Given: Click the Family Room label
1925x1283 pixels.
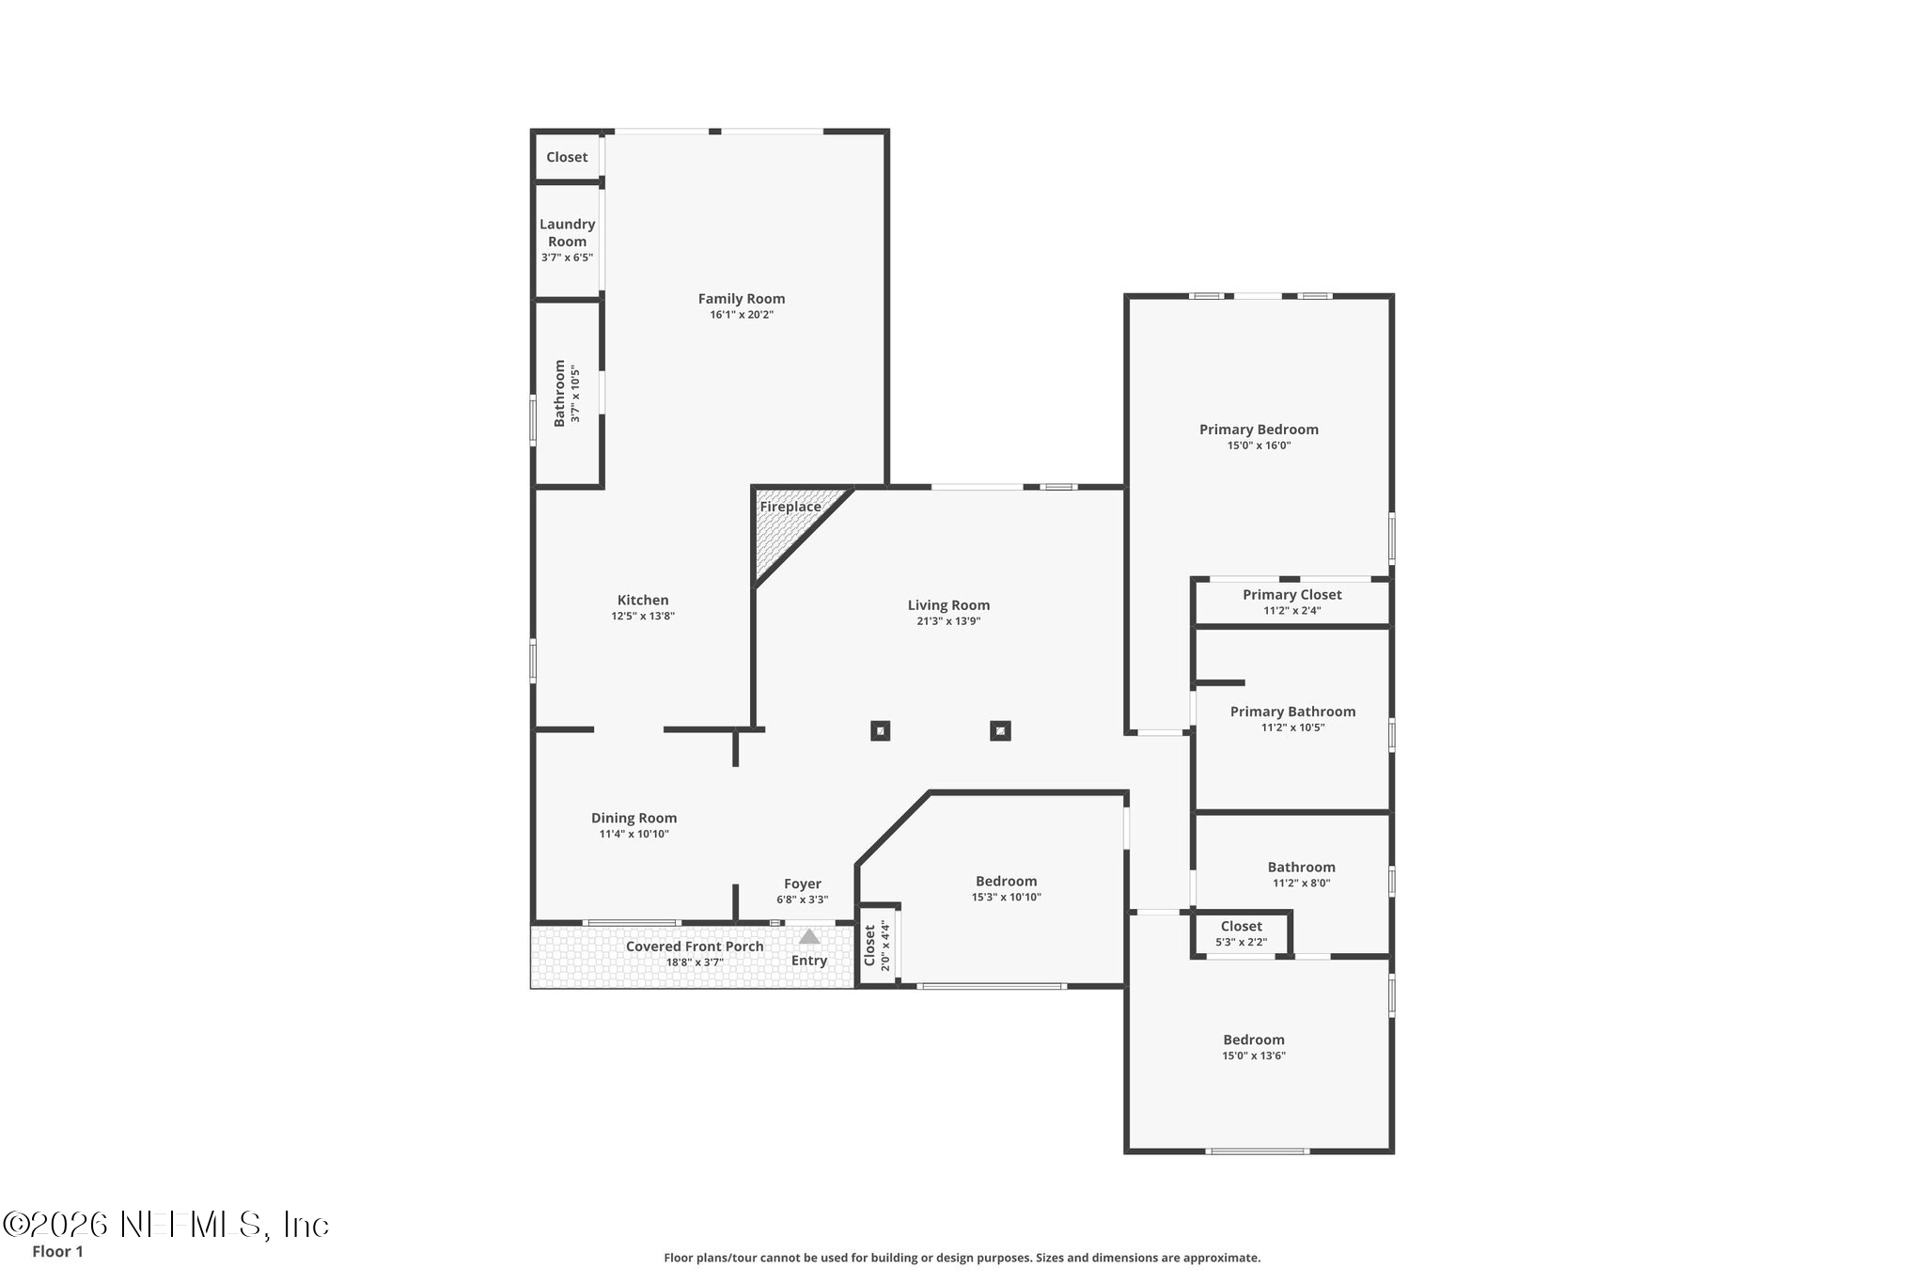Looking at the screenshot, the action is [742, 299].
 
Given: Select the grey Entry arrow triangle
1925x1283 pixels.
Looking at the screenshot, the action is [809, 936].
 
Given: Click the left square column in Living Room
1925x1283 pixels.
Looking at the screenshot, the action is [880, 730].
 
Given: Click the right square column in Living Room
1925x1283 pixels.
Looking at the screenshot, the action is [1000, 730].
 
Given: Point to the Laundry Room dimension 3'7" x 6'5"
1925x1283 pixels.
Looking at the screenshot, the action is [567, 258].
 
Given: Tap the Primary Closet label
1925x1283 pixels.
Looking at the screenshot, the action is [1292, 594].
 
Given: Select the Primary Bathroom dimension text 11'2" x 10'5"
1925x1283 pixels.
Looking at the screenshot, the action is [1292, 728].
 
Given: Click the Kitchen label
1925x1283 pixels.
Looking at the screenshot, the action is [643, 600].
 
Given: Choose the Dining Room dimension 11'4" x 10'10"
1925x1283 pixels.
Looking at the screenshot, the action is [634, 834].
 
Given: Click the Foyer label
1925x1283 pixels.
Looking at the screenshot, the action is [803, 884].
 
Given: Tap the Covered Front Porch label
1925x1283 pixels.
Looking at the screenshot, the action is [695, 947].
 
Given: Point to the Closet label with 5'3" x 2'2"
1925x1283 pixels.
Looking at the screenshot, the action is [1242, 927].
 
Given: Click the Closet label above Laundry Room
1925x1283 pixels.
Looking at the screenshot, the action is [567, 158].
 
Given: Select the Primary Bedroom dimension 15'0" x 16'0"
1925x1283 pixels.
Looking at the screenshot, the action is [1259, 446].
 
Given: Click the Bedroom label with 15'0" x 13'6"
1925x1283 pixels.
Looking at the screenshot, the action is [1254, 1040].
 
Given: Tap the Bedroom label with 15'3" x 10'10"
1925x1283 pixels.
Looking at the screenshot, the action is [1006, 882].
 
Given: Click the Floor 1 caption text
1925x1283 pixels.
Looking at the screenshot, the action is [57, 1252].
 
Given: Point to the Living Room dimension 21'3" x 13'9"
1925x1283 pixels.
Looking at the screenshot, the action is [948, 621].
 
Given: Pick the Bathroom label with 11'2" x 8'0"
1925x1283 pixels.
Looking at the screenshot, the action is [1301, 868].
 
